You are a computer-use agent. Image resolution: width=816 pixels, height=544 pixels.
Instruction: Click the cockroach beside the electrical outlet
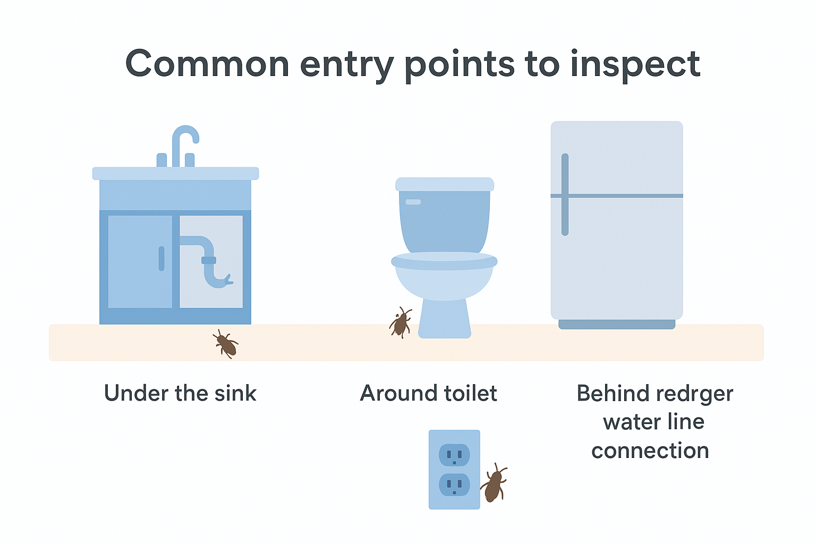pos(494,483)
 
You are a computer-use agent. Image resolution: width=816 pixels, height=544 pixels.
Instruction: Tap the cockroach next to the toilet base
pos(401,323)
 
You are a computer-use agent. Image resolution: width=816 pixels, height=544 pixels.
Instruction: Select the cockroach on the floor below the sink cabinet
pos(226,344)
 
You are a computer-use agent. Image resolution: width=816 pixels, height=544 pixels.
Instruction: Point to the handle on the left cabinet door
pos(161,258)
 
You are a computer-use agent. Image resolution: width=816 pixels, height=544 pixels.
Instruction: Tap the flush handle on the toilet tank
pos(413,202)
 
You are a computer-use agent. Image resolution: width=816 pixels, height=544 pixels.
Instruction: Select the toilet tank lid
pos(445,184)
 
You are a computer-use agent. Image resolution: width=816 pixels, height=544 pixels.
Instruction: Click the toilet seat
pos(444,261)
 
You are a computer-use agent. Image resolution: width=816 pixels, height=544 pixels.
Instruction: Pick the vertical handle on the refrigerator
pos(565,194)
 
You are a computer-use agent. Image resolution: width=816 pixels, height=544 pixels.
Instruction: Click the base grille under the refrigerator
pos(617,324)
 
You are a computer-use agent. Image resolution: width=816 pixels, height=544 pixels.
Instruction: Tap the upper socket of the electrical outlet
pos(454,455)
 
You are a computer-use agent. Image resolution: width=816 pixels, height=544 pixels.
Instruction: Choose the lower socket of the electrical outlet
pos(454,485)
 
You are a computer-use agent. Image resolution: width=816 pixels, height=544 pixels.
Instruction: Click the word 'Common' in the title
pos(207,64)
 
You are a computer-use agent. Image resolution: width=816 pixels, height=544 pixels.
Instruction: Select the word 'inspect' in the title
pos(635,65)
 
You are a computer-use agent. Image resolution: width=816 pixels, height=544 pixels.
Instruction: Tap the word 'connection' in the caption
pos(650,450)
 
